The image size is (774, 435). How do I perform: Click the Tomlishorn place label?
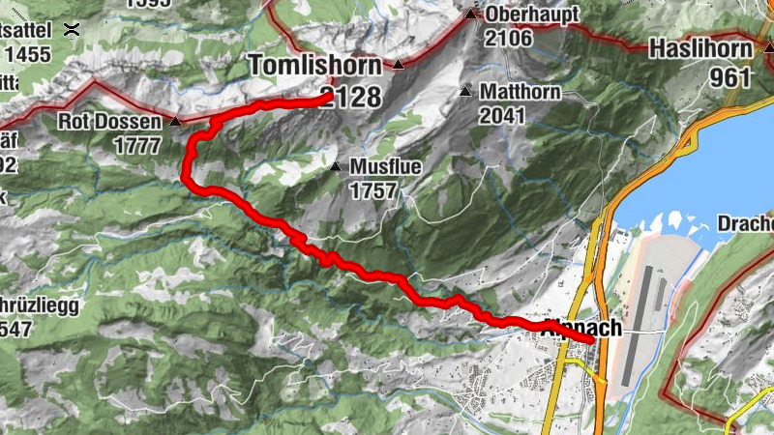coord(311,66)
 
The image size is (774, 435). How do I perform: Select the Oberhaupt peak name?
coord(532,15)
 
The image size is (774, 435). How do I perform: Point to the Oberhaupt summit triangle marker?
coord(471,14)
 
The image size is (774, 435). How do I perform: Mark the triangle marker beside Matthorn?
coord(465,93)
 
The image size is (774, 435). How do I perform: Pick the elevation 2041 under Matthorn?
coord(501,116)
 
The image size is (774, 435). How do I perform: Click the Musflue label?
coord(385,167)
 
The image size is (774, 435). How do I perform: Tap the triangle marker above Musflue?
coord(335,167)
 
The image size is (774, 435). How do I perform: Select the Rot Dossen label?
coord(109,123)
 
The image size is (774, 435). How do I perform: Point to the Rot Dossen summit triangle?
coord(175,122)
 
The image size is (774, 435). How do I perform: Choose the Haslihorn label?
coord(700,47)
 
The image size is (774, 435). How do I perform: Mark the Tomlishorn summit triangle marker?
coord(398,65)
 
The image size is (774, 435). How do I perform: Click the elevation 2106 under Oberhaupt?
coord(509,39)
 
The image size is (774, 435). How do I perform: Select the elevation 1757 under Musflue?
coord(374,190)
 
